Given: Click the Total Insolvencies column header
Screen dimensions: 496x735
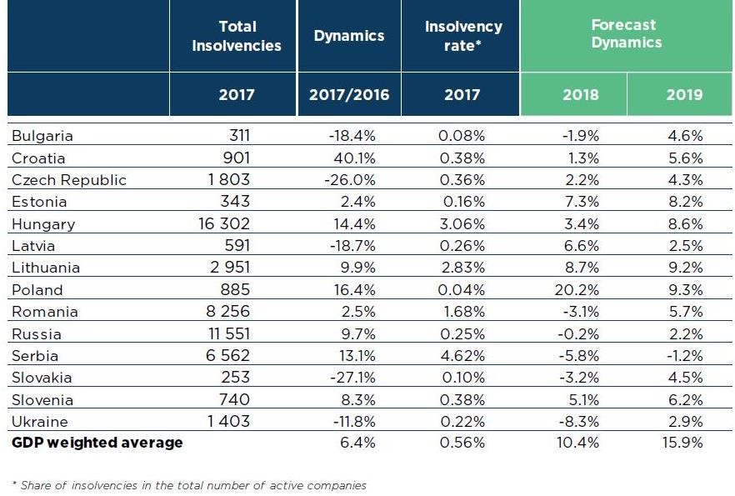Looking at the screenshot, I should click(237, 36).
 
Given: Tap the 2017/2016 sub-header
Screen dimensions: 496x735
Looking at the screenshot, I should click(349, 94).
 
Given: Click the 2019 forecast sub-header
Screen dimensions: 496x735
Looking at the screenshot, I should click(684, 94).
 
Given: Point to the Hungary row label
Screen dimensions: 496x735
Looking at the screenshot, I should click(43, 224).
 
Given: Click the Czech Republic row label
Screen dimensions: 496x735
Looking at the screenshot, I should click(69, 180).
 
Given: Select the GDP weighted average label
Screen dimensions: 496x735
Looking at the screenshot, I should click(97, 443).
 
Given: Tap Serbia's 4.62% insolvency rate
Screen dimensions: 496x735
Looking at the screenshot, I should click(462, 356).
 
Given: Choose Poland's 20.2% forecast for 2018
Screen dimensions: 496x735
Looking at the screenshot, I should click(577, 290).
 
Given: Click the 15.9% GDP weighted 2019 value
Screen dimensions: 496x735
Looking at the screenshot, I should click(683, 443).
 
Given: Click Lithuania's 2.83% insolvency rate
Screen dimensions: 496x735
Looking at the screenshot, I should click(462, 268).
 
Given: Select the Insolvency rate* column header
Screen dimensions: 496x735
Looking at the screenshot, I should click(463, 36).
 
